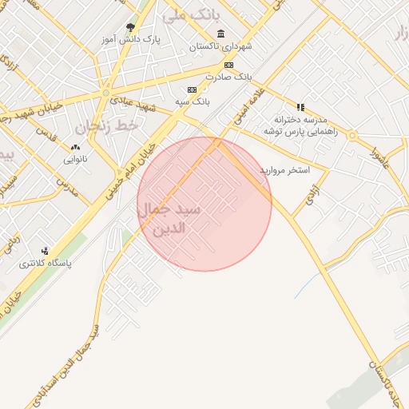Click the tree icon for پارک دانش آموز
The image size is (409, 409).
pyautogui.click(x=130, y=28)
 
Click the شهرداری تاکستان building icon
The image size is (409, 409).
pyautogui.click(x=220, y=34)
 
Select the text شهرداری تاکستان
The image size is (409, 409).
pyautogui.click(x=220, y=46)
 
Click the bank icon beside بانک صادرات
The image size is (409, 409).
pyautogui.click(x=229, y=65)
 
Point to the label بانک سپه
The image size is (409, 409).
pyautogui.click(x=193, y=102)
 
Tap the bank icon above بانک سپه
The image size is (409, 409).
pyautogui.click(x=192, y=90)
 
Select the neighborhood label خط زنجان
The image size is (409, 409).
pyautogui.click(x=107, y=126)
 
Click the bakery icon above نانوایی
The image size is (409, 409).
pyautogui.click(x=76, y=147)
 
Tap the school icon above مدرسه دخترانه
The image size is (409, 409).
pyautogui.click(x=300, y=106)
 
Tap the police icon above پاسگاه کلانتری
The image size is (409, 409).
pyautogui.click(x=45, y=250)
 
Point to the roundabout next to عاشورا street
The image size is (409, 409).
pyautogui.click(x=352, y=135)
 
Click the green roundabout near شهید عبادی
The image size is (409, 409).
pyautogui.click(x=105, y=93)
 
